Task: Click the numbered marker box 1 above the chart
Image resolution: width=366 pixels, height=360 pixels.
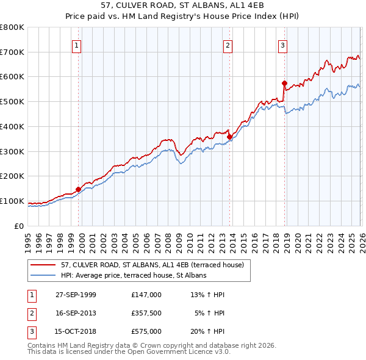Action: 77,45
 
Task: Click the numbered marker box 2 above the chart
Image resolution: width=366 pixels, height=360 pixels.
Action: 228,45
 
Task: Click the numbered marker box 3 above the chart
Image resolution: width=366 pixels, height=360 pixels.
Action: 284,45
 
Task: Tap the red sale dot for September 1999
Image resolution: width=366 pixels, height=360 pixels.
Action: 78,189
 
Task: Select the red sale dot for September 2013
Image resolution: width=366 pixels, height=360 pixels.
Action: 229,137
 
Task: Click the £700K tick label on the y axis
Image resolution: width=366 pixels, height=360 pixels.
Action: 12,52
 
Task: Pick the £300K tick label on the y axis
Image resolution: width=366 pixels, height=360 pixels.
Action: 12,151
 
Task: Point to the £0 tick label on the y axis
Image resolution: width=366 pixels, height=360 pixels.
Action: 19,226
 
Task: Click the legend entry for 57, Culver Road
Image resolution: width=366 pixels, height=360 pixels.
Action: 152,265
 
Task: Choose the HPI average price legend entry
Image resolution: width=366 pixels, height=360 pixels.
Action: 134,275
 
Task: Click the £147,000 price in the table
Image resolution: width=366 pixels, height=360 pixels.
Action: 146,295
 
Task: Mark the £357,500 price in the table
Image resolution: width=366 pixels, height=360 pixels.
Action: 146,313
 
